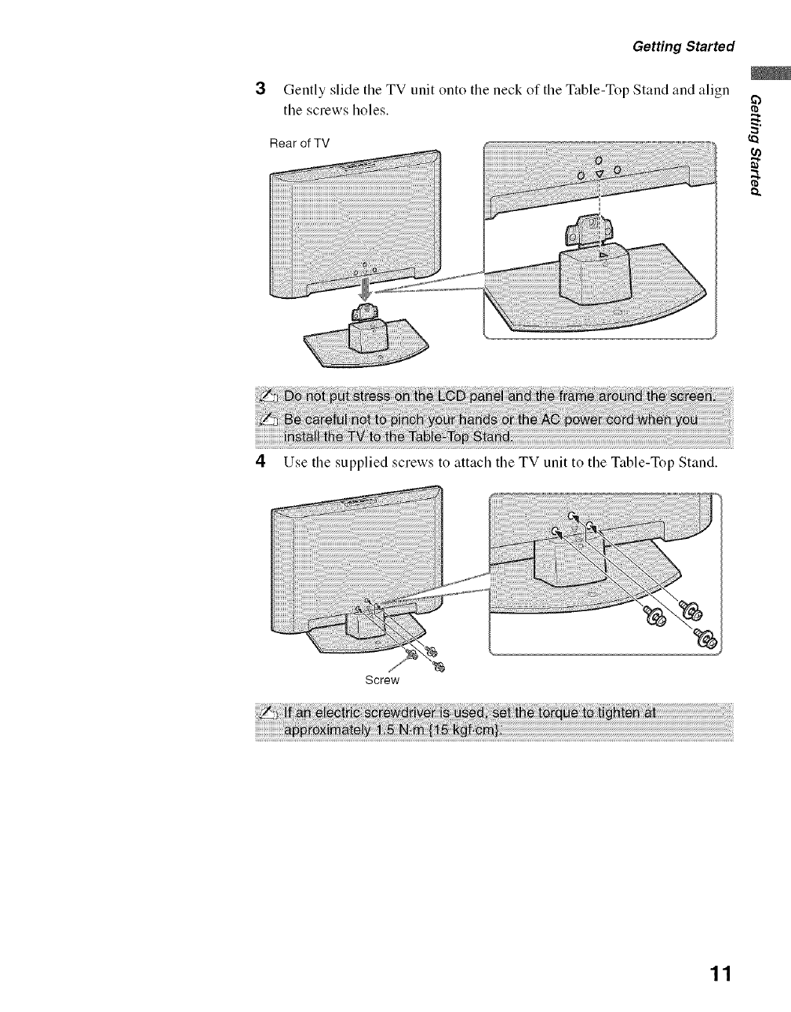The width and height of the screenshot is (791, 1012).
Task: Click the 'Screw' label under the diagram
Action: click(383, 679)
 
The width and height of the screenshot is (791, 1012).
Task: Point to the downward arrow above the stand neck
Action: click(363, 291)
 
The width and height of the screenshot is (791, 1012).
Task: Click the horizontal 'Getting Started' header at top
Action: click(683, 46)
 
